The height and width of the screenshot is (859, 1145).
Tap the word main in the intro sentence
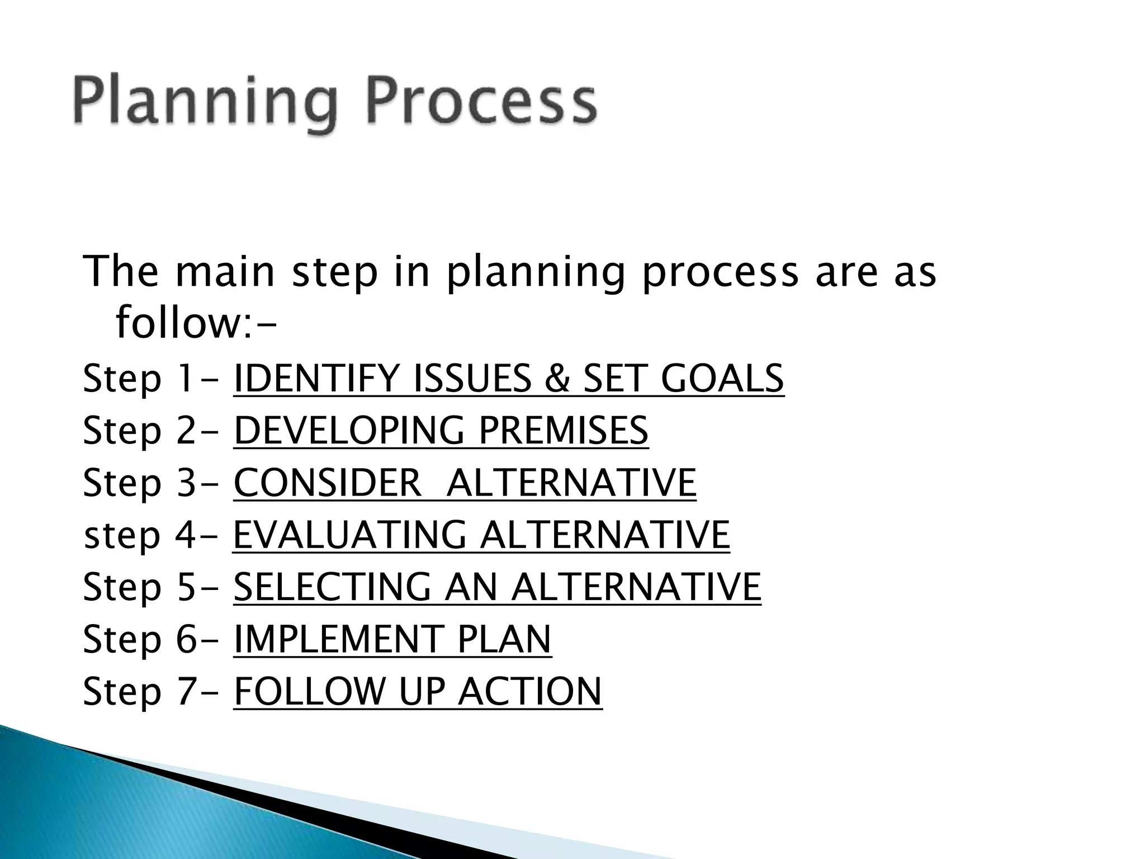tap(225, 272)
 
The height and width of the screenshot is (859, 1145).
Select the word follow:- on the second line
tap(195, 324)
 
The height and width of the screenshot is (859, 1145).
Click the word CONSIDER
tap(327, 483)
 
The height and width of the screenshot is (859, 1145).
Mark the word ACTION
tap(529, 691)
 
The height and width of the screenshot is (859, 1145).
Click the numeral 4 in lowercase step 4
tap(184, 535)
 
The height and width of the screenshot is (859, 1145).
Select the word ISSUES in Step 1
tap(472, 379)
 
